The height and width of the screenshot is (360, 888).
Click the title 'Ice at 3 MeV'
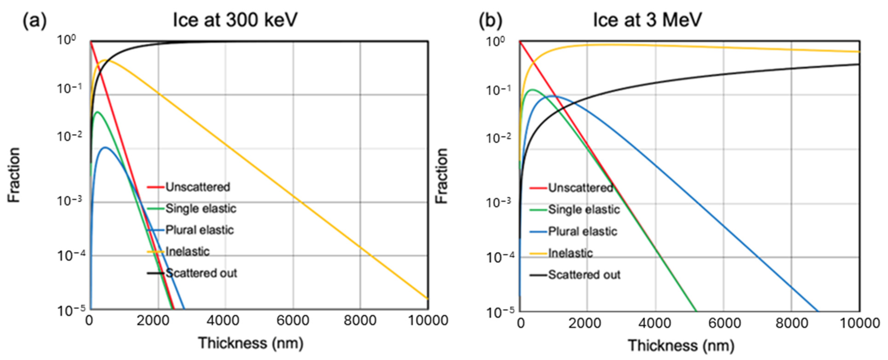point(647,20)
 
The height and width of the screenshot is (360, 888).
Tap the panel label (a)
point(35,21)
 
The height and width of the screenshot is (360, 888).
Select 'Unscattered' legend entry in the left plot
point(197,187)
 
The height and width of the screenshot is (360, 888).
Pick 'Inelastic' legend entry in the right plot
point(570,253)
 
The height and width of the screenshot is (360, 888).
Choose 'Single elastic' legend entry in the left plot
point(201,209)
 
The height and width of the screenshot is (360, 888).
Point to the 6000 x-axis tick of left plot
point(293,321)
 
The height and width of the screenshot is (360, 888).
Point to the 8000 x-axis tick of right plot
point(792,323)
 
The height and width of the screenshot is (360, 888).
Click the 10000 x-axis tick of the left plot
point(428,321)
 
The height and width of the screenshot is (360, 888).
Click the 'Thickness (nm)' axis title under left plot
point(251,343)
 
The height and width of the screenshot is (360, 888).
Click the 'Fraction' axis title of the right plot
point(442,176)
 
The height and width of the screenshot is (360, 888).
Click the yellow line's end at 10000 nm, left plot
point(428,299)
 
